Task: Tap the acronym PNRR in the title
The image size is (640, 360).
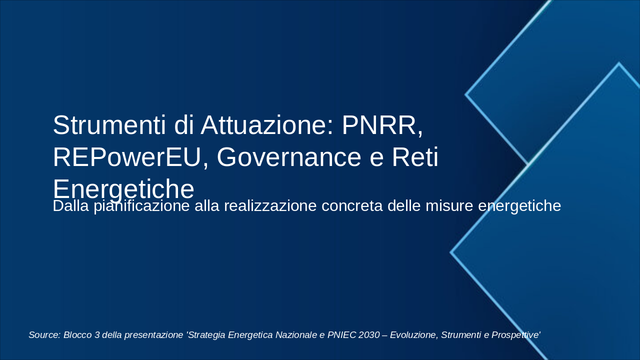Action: (x=382, y=125)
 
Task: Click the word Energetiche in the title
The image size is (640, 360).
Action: (x=123, y=189)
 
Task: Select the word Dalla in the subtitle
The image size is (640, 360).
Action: (x=71, y=206)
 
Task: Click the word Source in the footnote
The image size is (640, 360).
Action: (x=44, y=335)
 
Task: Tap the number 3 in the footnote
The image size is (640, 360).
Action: (x=97, y=335)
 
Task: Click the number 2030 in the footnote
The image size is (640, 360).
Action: (x=369, y=335)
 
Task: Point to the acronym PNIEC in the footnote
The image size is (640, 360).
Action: (x=341, y=335)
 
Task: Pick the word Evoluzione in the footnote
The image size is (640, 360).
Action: (x=413, y=335)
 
